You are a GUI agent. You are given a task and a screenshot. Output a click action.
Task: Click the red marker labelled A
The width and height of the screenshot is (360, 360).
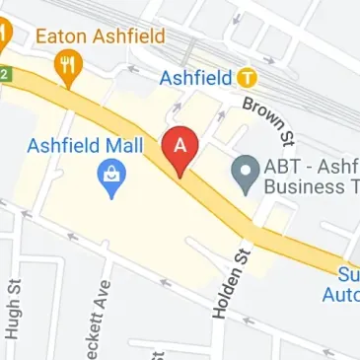pyautogui.click(x=180, y=151)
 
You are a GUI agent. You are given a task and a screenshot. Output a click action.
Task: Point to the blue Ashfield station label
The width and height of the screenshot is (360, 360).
pyautogui.click(x=197, y=77)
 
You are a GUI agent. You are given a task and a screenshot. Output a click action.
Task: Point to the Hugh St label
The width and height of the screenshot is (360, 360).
pyautogui.click(x=14, y=308)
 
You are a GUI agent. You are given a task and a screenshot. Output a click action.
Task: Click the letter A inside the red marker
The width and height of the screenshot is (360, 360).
pyautogui.click(x=180, y=145)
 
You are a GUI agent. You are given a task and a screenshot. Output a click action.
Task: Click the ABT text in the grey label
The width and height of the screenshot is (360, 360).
pyautogui.click(x=283, y=168)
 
